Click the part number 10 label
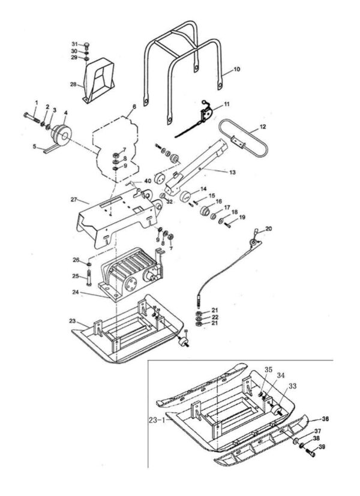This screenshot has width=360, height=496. coord(237,70)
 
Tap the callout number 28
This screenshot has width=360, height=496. coord(73,85)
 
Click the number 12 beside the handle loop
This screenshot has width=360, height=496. coord(262,128)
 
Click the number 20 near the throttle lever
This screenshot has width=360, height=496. coord(268,229)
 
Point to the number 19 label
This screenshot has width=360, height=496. coord(242,217)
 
